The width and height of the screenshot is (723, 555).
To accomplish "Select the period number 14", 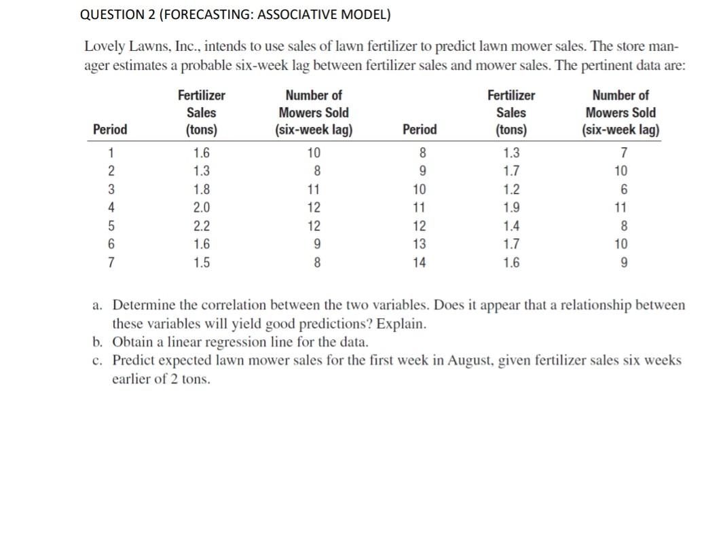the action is pyautogui.click(x=419, y=262).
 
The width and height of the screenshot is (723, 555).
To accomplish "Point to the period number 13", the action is pyautogui.click(x=419, y=244).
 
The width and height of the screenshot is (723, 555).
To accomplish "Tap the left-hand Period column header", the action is pyautogui.click(x=109, y=130).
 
